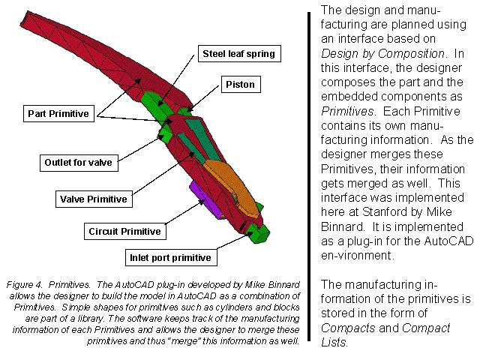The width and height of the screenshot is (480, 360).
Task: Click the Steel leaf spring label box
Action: coord(238,54)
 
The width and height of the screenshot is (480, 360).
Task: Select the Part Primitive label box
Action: coord(58,114)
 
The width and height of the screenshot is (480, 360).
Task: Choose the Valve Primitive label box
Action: coord(93,199)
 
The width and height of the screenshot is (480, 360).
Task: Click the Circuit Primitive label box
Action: coord(124,231)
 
